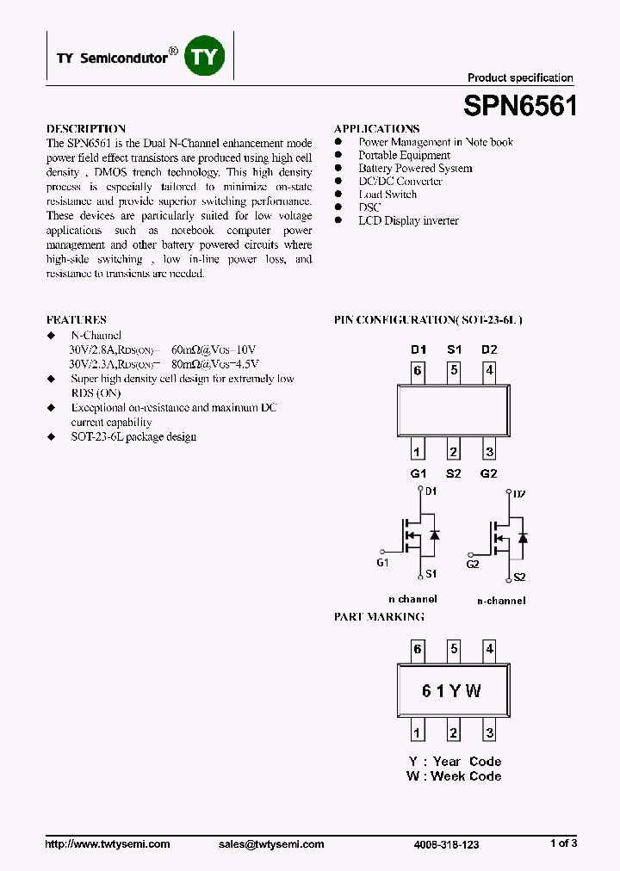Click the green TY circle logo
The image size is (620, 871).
pyautogui.click(x=206, y=57)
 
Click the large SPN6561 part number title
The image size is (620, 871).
pyautogui.click(x=520, y=107)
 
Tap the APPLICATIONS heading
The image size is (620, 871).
pyautogui.click(x=376, y=129)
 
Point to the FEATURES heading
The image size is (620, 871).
pyautogui.click(x=76, y=319)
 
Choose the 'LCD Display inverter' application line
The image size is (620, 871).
pyautogui.click(x=408, y=220)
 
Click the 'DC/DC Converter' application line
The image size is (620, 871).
pyautogui.click(x=400, y=182)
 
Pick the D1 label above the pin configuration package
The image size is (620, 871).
pyautogui.click(x=418, y=349)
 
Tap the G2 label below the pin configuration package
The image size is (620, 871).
pyautogui.click(x=489, y=473)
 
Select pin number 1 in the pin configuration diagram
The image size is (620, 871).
pyautogui.click(x=418, y=452)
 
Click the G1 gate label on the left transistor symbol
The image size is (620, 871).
pyautogui.click(x=383, y=563)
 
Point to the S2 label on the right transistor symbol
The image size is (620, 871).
pyautogui.click(x=519, y=578)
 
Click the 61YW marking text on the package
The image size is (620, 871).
pyautogui.click(x=452, y=691)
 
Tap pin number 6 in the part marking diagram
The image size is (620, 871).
pyautogui.click(x=418, y=649)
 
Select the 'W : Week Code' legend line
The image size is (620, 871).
pyautogui.click(x=454, y=776)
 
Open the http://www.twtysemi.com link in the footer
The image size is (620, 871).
pyautogui.click(x=108, y=844)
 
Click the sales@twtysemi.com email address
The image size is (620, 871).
pyautogui.click(x=271, y=844)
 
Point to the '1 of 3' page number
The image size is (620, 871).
pyautogui.click(x=563, y=844)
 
